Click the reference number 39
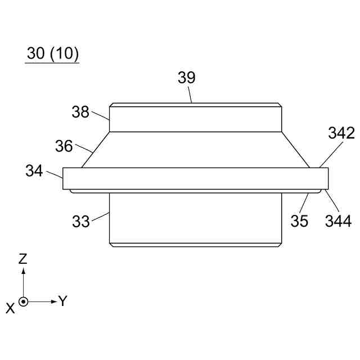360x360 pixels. (x=187, y=78)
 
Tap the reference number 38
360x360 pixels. (x=80, y=112)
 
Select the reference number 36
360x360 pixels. (x=64, y=146)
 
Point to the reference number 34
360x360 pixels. (x=34, y=171)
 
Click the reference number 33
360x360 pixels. (x=81, y=221)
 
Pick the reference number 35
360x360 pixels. (x=299, y=221)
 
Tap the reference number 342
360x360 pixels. (x=341, y=133)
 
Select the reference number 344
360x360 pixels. (x=339, y=221)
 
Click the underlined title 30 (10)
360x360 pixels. (x=52, y=53)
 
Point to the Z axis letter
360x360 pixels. (x=23, y=259)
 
